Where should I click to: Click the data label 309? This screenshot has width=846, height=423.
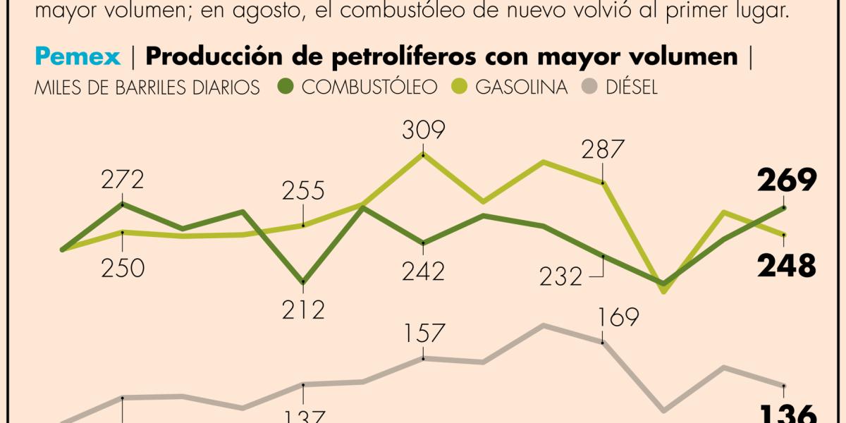(x=423, y=130)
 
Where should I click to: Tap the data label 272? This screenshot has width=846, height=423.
(x=123, y=180)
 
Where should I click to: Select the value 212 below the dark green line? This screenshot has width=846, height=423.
(x=303, y=309)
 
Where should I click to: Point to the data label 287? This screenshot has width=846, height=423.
(x=603, y=149)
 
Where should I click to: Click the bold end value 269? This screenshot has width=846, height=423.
(x=787, y=182)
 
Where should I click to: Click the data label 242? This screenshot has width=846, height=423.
(x=423, y=271)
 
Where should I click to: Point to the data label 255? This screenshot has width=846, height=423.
(x=303, y=191)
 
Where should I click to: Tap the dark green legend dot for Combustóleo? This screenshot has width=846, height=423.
(x=284, y=87)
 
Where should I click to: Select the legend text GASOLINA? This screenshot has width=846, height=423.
(x=522, y=87)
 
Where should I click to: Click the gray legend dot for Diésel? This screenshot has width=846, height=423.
(x=591, y=87)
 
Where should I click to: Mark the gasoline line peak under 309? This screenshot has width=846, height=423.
(x=423, y=153)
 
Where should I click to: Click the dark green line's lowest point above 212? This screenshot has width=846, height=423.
(x=303, y=281)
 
